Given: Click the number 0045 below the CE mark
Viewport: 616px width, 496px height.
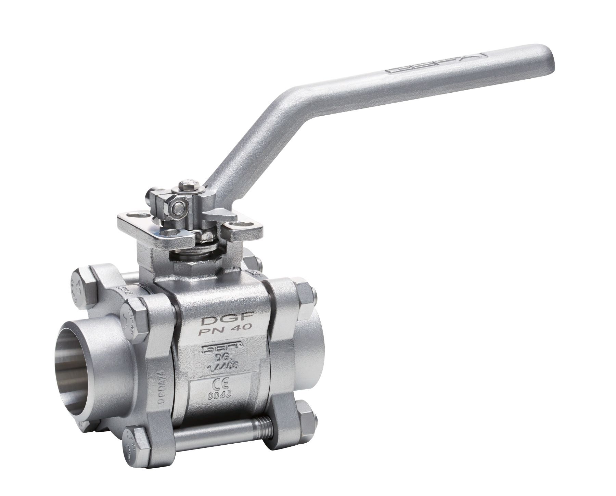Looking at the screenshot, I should click(x=220, y=394).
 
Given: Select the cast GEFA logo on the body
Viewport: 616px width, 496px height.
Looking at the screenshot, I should click(x=223, y=348).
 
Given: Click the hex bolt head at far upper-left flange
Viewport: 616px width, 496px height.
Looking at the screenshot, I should click(x=83, y=287).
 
